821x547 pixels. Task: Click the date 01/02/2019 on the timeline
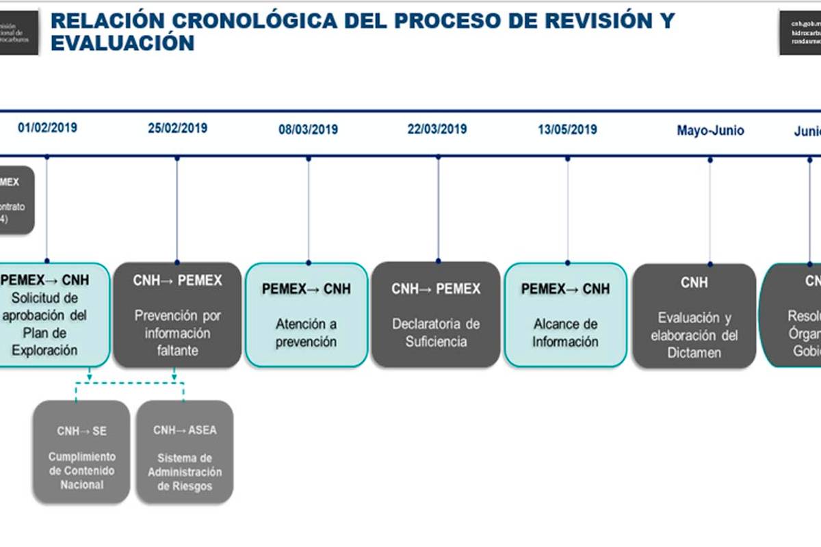tap(47, 127)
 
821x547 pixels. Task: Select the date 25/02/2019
tap(177, 128)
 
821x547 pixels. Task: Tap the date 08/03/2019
tap(308, 129)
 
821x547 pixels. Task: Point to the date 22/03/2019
tap(437, 129)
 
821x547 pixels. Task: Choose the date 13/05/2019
tap(567, 129)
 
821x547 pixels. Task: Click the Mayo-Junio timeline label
tap(710, 130)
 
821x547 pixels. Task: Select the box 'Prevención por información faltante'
tap(177, 315)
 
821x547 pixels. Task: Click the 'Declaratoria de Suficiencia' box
tap(436, 315)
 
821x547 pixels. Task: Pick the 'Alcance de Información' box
tap(565, 315)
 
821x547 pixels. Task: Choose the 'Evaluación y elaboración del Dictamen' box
tap(694, 316)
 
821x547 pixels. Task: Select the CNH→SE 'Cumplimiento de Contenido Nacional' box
tap(81, 452)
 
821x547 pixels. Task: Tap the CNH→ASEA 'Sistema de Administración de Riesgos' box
tap(184, 452)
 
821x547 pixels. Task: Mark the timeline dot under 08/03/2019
tap(309, 159)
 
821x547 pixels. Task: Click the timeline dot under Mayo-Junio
tap(710, 159)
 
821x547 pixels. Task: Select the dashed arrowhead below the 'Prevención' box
tap(174, 375)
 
